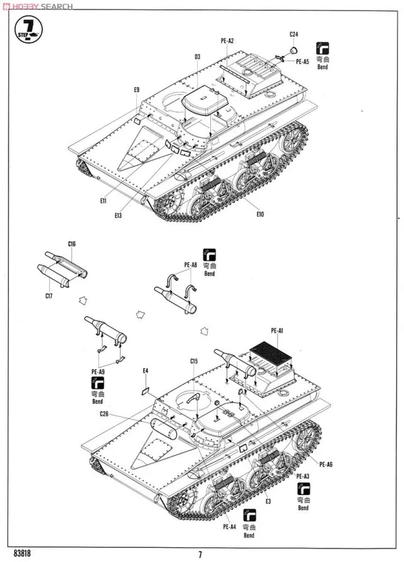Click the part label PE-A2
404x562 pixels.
click(x=227, y=41)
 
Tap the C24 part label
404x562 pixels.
click(x=294, y=34)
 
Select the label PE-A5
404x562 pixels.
click(x=302, y=62)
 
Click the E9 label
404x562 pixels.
click(x=136, y=90)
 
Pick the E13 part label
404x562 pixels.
click(x=118, y=215)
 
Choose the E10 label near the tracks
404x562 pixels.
click(x=260, y=214)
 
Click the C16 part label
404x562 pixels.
click(x=71, y=243)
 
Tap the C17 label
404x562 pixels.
click(x=49, y=296)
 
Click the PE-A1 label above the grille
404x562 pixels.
click(x=277, y=330)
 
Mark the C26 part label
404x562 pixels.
click(x=105, y=414)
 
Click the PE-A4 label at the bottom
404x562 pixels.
click(x=229, y=526)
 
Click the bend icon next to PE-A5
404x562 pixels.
click(x=324, y=48)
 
